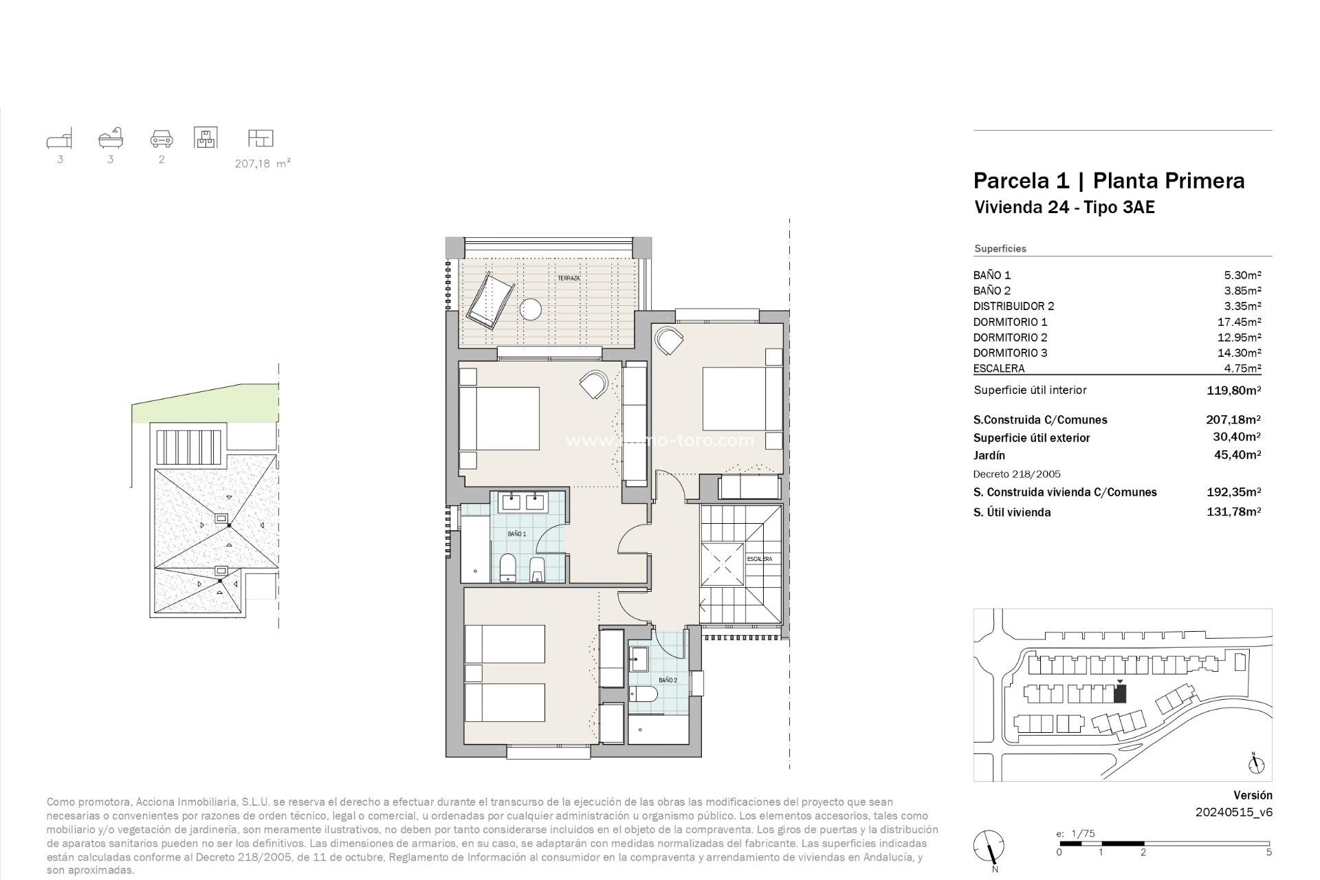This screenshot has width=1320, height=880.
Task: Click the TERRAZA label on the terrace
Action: (569, 278)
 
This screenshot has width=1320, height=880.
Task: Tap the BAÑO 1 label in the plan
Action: (517, 534)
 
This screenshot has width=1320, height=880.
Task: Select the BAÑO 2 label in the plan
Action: (668, 680)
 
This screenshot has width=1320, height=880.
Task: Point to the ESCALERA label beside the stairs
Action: (759, 559)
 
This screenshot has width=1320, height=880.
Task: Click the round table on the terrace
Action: (532, 310)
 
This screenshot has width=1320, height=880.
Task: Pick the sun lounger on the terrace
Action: (489, 300)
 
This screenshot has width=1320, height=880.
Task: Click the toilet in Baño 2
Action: (643, 694)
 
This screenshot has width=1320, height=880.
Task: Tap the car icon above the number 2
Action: (162, 139)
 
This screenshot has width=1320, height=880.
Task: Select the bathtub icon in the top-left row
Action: (111, 138)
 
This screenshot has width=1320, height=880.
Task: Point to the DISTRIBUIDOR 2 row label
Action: (1013, 306)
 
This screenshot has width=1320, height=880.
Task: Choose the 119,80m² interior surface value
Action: (1233, 390)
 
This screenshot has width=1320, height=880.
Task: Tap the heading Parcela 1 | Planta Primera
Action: (1108, 181)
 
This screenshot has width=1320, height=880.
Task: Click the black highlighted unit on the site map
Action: (1120, 694)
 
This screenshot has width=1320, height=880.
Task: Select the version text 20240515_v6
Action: (1233, 812)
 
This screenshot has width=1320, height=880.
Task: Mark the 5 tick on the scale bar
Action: (1268, 852)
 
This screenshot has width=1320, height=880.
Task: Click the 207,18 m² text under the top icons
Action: (262, 164)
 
